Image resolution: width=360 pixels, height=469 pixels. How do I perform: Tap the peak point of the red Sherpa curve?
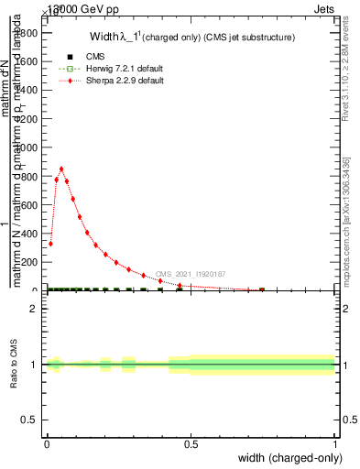(x=61, y=169)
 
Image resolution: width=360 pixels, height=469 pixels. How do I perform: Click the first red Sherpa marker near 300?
(x=50, y=243)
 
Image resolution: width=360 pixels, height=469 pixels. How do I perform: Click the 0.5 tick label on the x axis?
(x=191, y=443)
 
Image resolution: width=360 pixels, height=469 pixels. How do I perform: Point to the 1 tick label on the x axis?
(x=334, y=443)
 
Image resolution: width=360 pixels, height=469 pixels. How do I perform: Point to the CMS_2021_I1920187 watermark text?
(x=190, y=274)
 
